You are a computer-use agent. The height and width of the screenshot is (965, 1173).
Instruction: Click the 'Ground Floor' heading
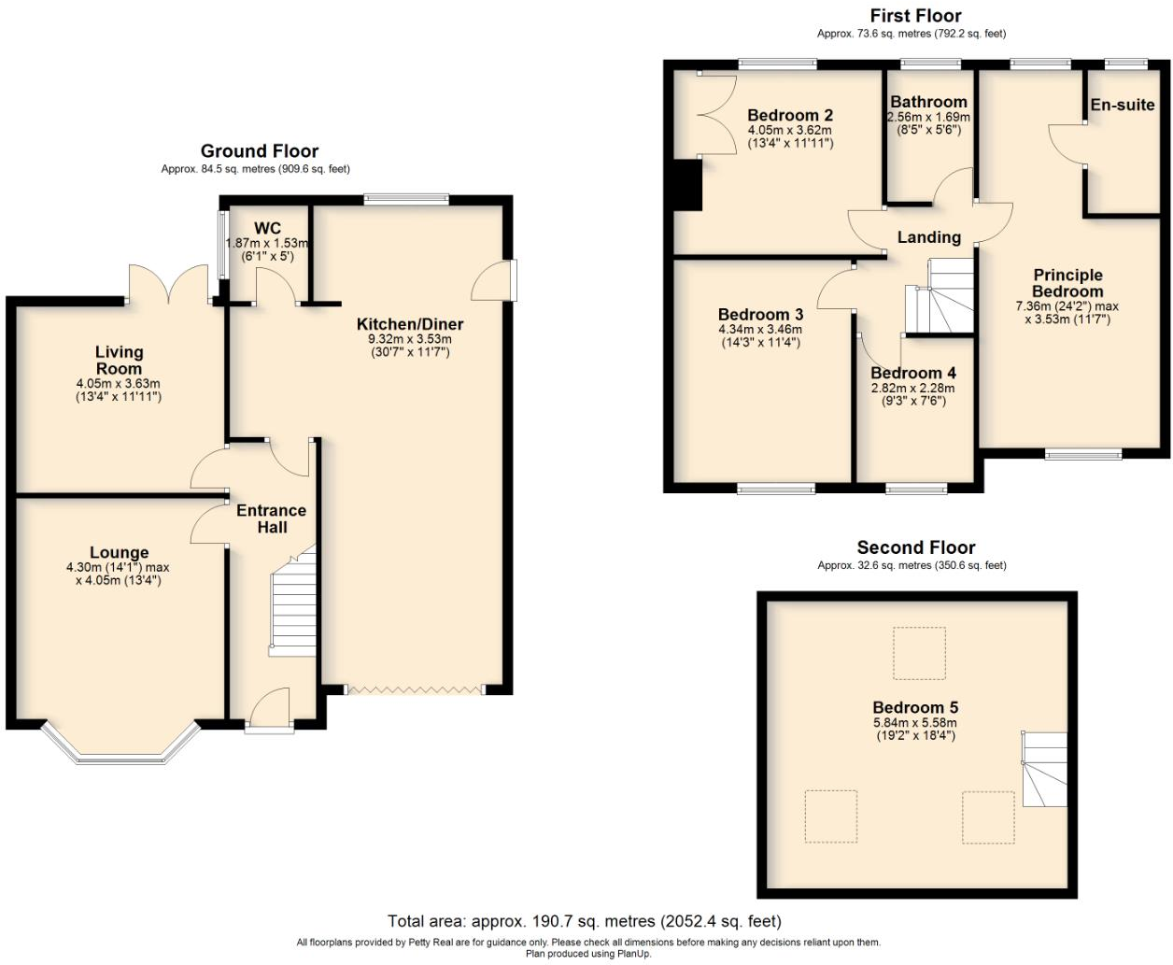pos(260,151)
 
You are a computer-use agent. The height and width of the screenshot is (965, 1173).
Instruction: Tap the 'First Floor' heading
pos(915,16)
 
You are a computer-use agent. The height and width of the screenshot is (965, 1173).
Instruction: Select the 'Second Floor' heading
pos(915,547)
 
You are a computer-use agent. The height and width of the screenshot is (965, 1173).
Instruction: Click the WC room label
pos(267,229)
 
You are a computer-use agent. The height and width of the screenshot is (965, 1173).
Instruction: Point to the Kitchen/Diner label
pos(410,324)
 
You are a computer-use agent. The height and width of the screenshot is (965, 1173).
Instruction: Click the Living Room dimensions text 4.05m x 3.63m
pos(119,384)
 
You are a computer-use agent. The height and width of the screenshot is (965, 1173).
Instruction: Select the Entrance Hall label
pos(272,518)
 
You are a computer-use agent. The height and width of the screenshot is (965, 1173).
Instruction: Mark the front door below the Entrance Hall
pos(269,712)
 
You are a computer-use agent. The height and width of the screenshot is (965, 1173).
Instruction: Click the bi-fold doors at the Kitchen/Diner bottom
pos(415,690)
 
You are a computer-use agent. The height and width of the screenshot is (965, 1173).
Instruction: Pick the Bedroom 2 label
pos(790,115)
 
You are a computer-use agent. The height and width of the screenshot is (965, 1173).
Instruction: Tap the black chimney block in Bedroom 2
pos(687,185)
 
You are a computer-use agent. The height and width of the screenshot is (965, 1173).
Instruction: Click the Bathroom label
pos(928,102)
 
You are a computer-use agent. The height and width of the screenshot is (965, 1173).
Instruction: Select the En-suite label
pos(1123,105)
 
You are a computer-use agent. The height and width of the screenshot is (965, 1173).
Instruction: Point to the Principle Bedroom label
pos(1067,283)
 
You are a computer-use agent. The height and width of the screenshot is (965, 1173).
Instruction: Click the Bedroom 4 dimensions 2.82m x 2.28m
pos(913,389)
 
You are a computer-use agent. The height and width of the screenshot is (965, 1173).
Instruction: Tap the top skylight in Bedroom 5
pos(919,653)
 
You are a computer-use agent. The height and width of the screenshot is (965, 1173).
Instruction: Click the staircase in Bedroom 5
pos(1045,770)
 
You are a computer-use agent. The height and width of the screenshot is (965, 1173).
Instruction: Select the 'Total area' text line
pos(585,922)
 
